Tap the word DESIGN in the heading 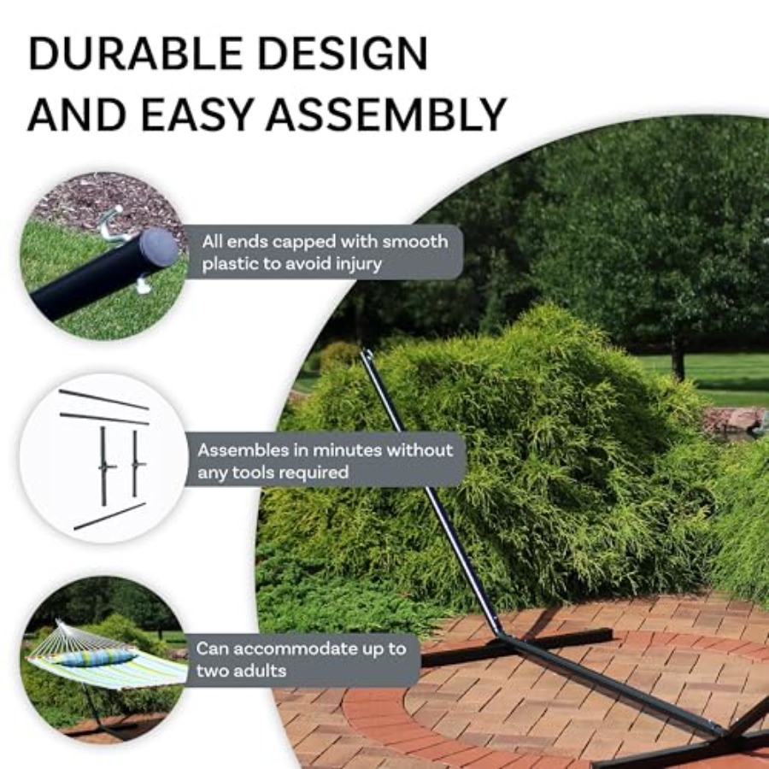pyautogui.click(x=343, y=54)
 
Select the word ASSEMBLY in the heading pyautogui.click(x=386, y=114)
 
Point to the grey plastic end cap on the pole pyautogui.click(x=158, y=247)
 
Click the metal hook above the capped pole pyautogui.click(x=112, y=224)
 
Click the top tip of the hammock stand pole pyautogui.click(x=366, y=352)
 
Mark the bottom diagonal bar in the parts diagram pyautogui.click(x=110, y=516)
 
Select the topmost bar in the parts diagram pyautogui.click(x=104, y=399)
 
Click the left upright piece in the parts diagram pyautogui.click(x=104, y=466)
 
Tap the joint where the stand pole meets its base pyautogui.click(x=502, y=636)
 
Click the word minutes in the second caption pyautogui.click(x=347, y=450)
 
